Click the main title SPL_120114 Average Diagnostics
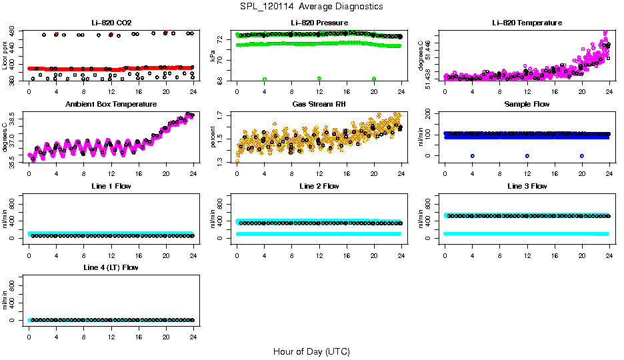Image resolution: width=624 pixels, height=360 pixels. (312, 6)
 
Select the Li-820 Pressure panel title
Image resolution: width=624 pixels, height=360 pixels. (319, 23)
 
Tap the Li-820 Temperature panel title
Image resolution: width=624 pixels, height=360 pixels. (527, 23)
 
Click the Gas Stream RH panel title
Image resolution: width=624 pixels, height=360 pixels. (319, 105)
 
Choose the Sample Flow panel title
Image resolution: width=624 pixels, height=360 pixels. (527, 105)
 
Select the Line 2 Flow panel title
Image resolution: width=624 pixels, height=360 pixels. (319, 186)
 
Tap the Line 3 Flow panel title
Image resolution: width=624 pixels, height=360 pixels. (527, 186)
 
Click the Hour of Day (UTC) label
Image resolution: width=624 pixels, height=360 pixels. (311, 351)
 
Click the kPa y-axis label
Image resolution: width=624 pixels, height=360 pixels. (213, 56)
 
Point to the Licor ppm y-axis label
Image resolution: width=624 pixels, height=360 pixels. (5, 56)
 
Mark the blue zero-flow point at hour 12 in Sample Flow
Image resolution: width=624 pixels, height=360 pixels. (527, 155)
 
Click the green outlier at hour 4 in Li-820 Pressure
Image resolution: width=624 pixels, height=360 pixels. (265, 79)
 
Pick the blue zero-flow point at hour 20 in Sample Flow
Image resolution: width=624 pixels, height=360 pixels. (582, 155)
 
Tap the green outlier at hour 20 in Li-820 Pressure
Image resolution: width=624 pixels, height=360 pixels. (374, 79)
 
